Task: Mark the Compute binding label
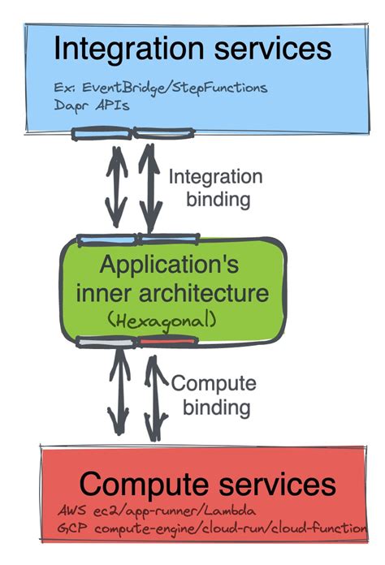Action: pos(215,395)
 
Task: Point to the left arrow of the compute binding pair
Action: pos(119,394)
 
